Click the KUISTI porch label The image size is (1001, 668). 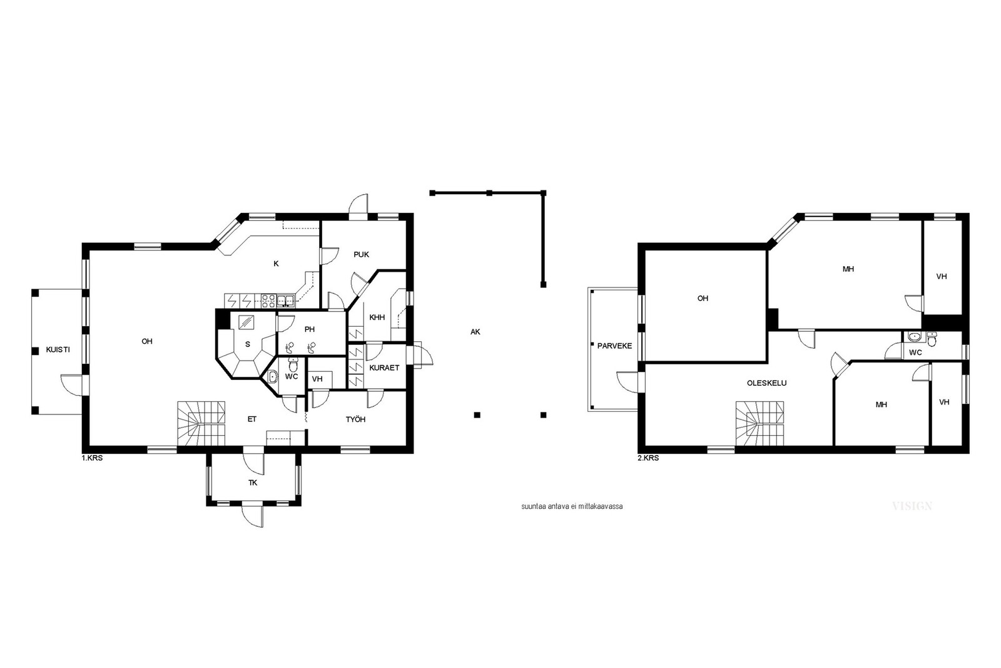[58, 349]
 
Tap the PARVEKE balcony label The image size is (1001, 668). [614, 346]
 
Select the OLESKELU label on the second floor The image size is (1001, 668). [767, 383]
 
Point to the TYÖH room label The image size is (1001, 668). [356, 419]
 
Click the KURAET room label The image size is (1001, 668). [384, 367]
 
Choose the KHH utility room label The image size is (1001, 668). [377, 317]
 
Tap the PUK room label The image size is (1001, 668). [361, 254]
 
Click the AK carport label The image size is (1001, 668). [475, 332]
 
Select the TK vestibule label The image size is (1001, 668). [253, 483]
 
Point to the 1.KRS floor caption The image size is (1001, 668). [92, 458]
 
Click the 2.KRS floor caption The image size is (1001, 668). [648, 458]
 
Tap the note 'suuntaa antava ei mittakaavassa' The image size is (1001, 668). [572, 506]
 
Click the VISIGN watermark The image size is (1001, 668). [912, 506]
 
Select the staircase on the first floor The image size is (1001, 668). [201, 423]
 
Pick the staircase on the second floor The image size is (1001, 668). [760, 423]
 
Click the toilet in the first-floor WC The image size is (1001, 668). [293, 365]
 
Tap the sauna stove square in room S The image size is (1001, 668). [246, 322]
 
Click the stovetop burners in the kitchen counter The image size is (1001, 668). [268, 301]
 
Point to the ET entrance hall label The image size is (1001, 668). [252, 419]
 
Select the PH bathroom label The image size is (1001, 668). [310, 329]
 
